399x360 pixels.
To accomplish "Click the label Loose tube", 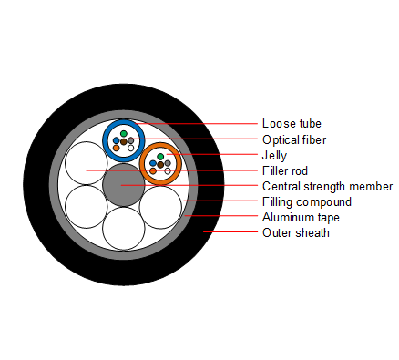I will [x=292, y=123].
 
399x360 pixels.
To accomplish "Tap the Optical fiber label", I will [x=294, y=139].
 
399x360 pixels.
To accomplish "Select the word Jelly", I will [x=274, y=156].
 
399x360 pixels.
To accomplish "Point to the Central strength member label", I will [x=327, y=186].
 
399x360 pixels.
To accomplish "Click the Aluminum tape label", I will [x=297, y=217].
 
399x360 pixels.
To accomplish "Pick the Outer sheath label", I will [x=295, y=232].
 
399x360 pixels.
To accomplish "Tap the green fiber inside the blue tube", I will [x=124, y=133].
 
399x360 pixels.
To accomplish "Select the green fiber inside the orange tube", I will [x=160, y=157].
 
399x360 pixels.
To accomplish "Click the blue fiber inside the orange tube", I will [x=153, y=163].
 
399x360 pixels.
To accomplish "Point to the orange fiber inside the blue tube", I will [x=117, y=148].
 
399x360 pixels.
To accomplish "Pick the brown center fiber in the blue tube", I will [x=124, y=141].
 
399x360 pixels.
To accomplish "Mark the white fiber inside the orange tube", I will [x=168, y=170].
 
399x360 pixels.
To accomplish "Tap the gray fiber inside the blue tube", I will [x=131, y=139].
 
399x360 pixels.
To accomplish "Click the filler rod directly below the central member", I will [x=124, y=227].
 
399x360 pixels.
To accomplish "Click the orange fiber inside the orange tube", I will [x=153, y=170].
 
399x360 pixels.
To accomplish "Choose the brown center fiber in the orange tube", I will [x=160, y=164].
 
